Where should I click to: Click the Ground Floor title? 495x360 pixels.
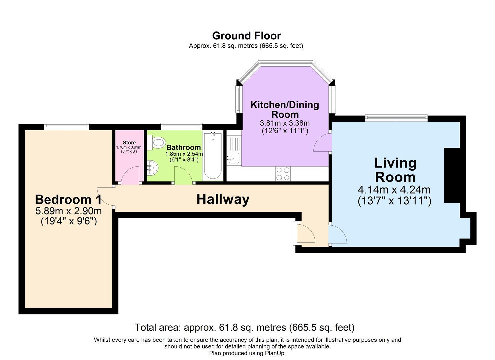click(246, 36)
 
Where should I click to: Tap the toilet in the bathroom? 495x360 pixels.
click(157, 142)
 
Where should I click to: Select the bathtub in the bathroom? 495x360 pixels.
click(213, 156)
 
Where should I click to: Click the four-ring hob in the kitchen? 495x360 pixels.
click(283, 174)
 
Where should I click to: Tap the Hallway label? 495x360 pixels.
click(223, 199)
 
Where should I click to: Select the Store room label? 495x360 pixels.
click(129, 143)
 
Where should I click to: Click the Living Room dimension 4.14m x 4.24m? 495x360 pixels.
click(394, 190)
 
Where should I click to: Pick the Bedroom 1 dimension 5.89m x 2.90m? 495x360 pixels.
click(68, 211)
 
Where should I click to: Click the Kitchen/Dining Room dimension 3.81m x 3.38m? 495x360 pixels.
click(285, 123)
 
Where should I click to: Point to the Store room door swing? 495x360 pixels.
click(131, 176)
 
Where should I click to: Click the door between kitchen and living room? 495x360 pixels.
click(322, 143)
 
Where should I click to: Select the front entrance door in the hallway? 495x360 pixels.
click(305, 233)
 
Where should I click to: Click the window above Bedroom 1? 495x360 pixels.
click(67, 126)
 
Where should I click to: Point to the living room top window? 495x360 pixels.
click(396, 117)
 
